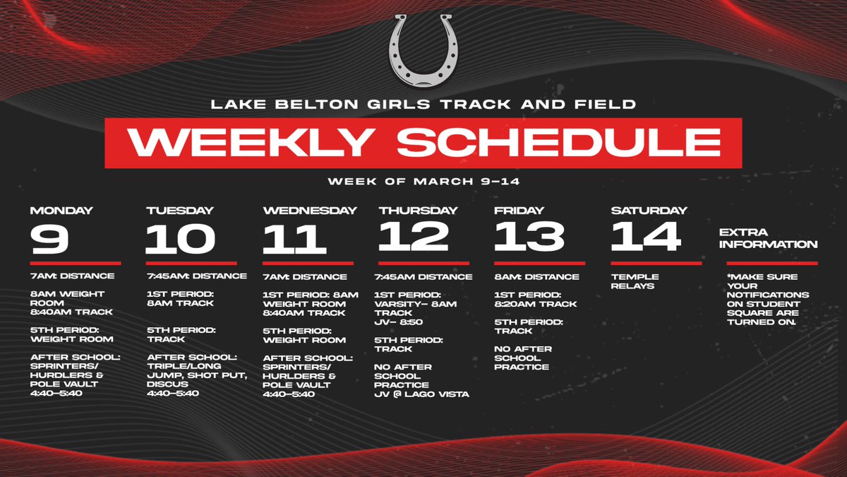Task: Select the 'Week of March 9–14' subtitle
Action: click(423, 182)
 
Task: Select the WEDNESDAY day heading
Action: click(310, 211)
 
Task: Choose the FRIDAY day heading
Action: click(519, 211)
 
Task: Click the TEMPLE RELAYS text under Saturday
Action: click(635, 281)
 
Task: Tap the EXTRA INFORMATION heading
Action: click(768, 238)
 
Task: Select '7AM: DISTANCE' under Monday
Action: click(72, 276)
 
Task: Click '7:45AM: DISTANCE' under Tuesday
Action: click(197, 276)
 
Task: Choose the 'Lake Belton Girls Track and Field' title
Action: click(423, 105)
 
